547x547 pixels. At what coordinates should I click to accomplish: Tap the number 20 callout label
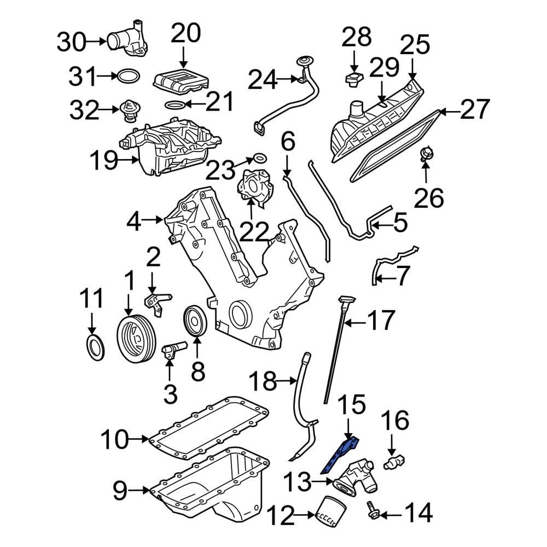185,34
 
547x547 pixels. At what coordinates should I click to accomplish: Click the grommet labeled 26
426,154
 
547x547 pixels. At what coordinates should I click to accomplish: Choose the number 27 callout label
475,110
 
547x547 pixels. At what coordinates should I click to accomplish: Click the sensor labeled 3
173,348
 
